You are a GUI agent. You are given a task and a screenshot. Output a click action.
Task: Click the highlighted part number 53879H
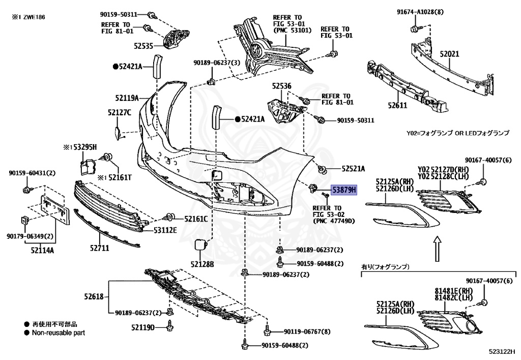point(344,190)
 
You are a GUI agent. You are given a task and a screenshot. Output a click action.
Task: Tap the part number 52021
point(449,54)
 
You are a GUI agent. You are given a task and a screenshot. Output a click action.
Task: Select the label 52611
point(397,105)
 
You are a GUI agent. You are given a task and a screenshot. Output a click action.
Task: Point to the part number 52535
point(143,46)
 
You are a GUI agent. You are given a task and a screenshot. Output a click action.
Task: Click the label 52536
point(282,86)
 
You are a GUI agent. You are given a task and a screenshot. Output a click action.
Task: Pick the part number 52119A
point(127,98)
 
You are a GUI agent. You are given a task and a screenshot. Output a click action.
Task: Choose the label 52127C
point(119,113)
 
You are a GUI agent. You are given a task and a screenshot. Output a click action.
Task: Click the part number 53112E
point(165,230)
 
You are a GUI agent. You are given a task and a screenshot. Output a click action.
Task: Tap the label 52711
point(99,248)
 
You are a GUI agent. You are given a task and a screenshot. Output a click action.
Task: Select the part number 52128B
point(202,264)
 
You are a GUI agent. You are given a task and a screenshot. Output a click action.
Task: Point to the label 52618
point(94,296)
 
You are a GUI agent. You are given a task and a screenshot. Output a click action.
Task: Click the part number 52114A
point(42,251)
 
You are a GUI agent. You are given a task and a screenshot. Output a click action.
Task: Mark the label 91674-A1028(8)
point(420,12)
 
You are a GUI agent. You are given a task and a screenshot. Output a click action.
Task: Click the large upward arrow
point(437,248)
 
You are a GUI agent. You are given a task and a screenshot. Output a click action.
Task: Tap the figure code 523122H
point(502,351)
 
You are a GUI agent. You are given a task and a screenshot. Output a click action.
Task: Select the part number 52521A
point(353,169)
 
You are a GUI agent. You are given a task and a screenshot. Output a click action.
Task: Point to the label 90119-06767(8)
point(307,332)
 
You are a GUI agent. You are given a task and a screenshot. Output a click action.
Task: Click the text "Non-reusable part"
point(59,333)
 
